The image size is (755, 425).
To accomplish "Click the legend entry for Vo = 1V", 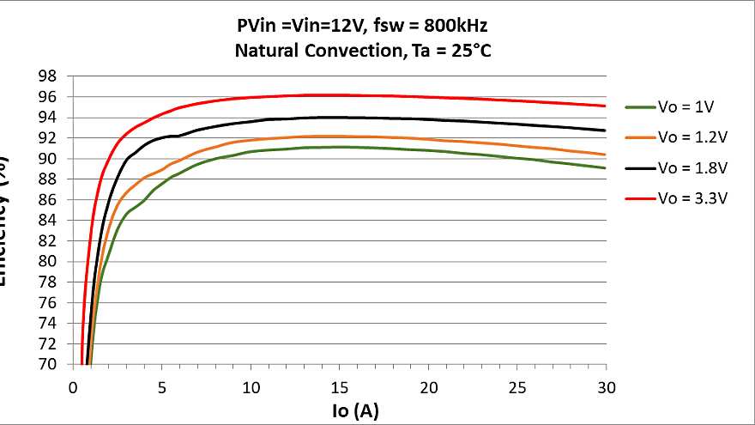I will [x=678, y=107].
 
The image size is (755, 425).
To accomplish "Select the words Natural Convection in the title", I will [x=317, y=51].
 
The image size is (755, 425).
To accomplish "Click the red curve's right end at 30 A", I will [x=606, y=106].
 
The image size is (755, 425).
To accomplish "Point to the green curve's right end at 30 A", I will [x=606, y=167].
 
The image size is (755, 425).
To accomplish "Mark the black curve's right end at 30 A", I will [x=606, y=131].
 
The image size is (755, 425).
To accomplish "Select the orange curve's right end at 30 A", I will [x=606, y=155].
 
